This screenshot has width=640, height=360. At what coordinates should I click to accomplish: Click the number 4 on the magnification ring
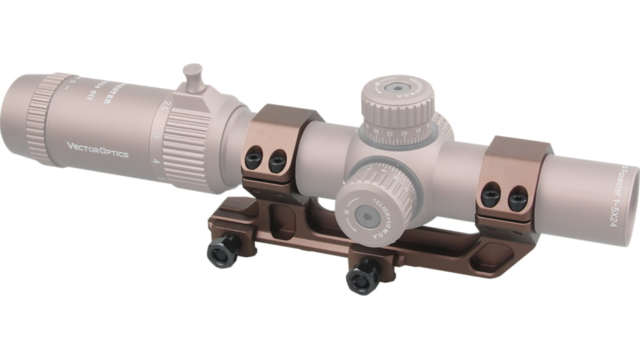click(156, 160)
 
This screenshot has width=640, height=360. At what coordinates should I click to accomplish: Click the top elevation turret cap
click(397, 92)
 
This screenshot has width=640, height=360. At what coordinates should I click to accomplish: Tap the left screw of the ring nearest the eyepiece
click(254, 158)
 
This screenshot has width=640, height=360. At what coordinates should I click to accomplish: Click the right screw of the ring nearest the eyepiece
click(277, 161)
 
